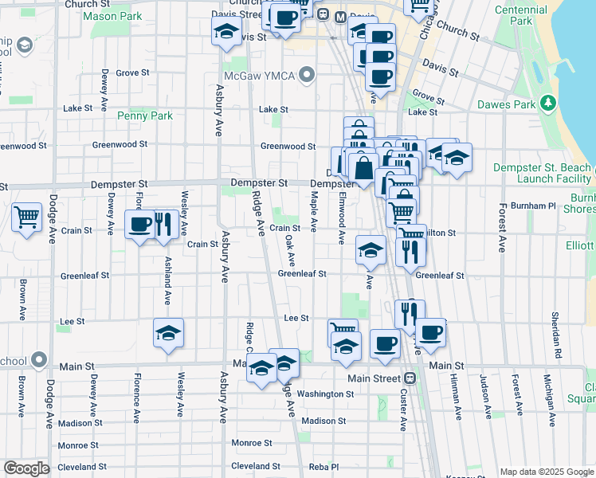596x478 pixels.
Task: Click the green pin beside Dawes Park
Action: (547, 104)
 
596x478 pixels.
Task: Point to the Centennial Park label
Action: (523, 15)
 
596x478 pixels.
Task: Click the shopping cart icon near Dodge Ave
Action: (26, 217)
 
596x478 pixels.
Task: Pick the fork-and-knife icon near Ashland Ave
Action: (165, 225)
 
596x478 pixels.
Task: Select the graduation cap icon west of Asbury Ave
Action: (168, 334)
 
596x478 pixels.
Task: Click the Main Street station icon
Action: (410, 378)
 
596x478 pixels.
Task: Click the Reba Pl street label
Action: (324, 466)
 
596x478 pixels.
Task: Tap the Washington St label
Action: (325, 394)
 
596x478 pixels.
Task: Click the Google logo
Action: (26, 468)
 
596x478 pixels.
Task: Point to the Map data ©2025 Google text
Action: (546, 471)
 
